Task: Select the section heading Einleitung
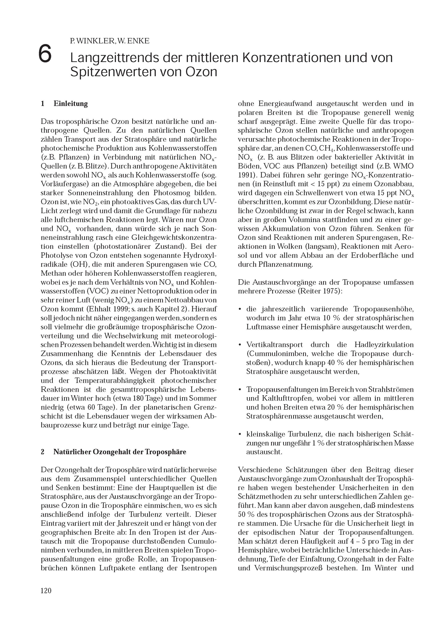pos(71,104)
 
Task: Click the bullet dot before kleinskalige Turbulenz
pos(240,434)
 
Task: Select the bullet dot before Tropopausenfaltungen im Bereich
pos(240,390)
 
